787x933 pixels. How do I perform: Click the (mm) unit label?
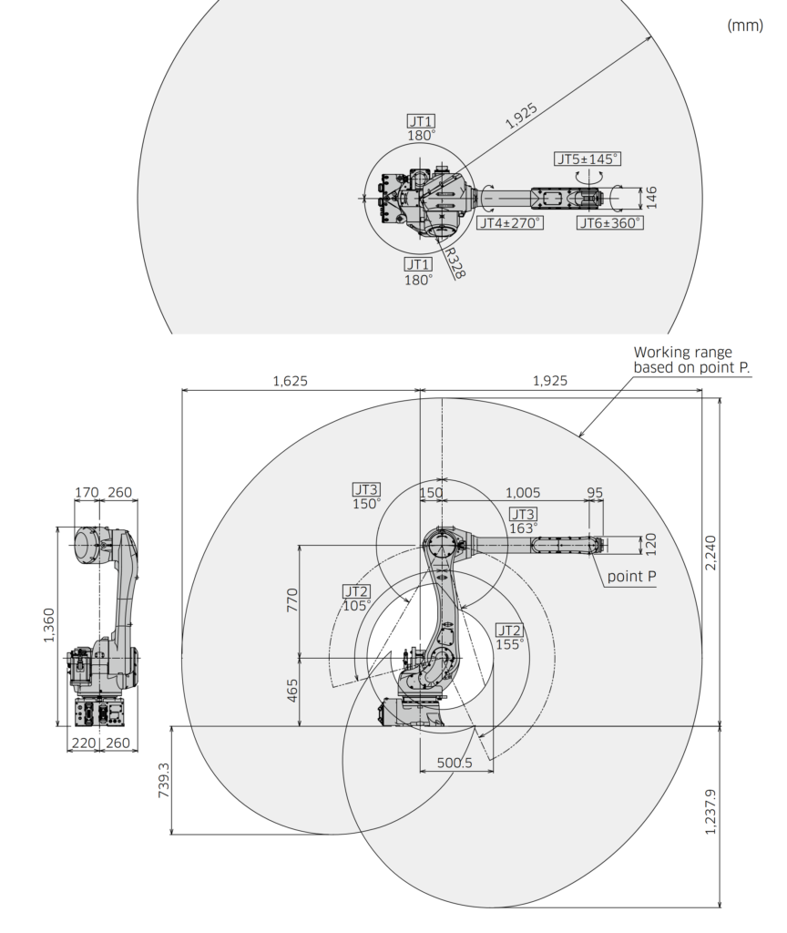(744, 26)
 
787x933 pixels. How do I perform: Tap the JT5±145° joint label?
(587, 159)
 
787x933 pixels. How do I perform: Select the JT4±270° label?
(509, 222)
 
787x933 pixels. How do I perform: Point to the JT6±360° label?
(609, 222)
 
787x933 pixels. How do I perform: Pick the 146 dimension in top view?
(651, 196)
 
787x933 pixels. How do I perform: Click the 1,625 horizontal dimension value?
(291, 381)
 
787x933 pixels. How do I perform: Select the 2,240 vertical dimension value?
(712, 551)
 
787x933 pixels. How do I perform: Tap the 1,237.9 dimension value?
(712, 810)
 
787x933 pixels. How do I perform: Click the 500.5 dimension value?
(454, 764)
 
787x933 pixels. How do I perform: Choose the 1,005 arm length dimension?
(522, 493)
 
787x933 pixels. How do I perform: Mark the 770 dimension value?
(293, 600)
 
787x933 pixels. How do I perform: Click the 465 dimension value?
(293, 692)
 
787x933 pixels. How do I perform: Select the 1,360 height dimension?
(49, 624)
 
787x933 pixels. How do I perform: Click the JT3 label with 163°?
(523, 519)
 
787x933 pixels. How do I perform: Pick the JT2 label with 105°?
(356, 597)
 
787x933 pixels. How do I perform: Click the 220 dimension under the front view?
(83, 743)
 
